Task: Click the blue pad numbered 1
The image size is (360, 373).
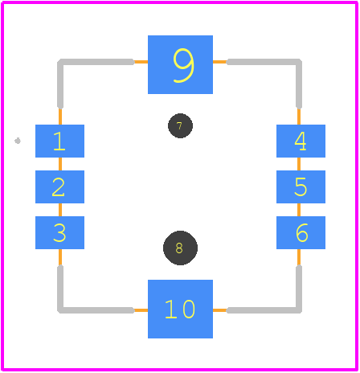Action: (x=59, y=141)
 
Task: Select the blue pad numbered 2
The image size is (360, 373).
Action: (x=59, y=186)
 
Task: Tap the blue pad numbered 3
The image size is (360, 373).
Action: (x=59, y=232)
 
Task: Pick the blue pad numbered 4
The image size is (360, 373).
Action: (x=301, y=141)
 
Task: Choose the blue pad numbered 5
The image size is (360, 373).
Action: (x=301, y=186)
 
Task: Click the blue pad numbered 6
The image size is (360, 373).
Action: (x=301, y=232)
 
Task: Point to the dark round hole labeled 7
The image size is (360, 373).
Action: (x=180, y=126)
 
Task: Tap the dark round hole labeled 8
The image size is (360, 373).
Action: (x=180, y=248)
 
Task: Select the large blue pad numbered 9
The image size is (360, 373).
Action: (x=180, y=64)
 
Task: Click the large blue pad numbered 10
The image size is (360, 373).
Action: (x=180, y=309)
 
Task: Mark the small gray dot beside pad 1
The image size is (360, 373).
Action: (x=18, y=141)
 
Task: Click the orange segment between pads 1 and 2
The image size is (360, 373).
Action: (x=60, y=164)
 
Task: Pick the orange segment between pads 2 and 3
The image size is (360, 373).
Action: (x=60, y=210)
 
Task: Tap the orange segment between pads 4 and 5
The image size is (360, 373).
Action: (x=299, y=164)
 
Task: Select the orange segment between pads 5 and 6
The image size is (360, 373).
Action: (x=299, y=210)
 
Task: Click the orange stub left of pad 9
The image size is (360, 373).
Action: (x=141, y=62)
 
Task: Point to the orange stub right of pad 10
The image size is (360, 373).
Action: (x=220, y=310)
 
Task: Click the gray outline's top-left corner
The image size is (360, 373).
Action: (x=60, y=62)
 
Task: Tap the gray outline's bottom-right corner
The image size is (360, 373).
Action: (x=299, y=310)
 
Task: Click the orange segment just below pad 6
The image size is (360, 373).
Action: (x=299, y=257)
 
